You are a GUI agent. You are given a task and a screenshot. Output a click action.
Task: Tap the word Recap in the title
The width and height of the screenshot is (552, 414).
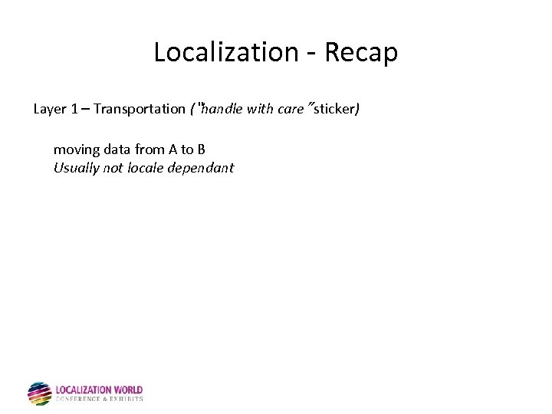click(360, 52)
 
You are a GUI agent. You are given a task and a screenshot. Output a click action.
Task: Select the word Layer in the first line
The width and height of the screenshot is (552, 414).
click(50, 109)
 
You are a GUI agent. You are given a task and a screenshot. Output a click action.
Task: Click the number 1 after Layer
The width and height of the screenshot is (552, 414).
click(74, 109)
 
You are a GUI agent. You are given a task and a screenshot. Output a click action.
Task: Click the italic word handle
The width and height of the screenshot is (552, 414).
click(222, 109)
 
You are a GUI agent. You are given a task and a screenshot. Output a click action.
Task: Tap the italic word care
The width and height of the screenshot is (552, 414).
click(291, 109)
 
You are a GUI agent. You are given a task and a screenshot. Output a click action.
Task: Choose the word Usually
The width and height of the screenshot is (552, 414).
click(76, 168)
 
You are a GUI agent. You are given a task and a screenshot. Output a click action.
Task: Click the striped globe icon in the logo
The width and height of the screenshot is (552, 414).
click(40, 393)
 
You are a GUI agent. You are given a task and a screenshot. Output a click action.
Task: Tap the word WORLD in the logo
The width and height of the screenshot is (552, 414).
click(128, 390)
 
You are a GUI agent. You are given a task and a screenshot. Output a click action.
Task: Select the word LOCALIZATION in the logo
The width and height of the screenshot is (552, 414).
click(84, 390)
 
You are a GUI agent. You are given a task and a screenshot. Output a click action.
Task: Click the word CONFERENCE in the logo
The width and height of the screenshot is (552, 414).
click(78, 399)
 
